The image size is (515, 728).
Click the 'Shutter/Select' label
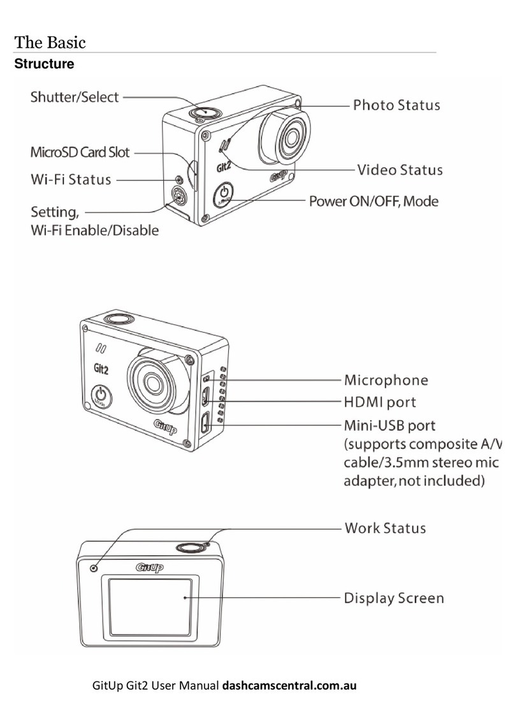tap(75, 98)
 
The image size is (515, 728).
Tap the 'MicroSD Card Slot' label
tap(80, 152)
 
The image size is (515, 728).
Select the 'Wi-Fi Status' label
tap(71, 179)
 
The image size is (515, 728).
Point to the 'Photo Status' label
tap(396, 105)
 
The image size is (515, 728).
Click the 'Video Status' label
tap(399, 170)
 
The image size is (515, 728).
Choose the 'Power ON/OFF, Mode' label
tap(374, 201)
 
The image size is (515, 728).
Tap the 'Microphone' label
tap(386, 380)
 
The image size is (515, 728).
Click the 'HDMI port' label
tap(380, 402)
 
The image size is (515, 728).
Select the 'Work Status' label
tap(385, 528)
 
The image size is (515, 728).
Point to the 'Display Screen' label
tap(394, 598)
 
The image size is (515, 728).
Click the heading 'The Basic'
tap(50, 43)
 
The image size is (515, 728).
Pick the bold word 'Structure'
tap(44, 64)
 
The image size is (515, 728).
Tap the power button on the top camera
tap(224, 192)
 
